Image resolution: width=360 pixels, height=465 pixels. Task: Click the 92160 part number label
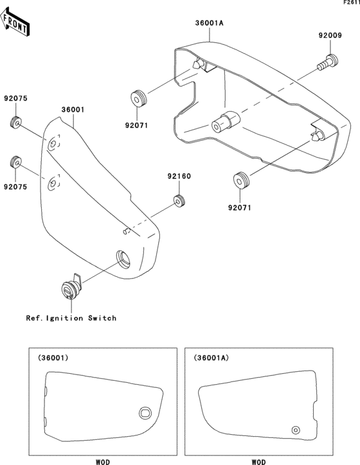[x=180, y=176]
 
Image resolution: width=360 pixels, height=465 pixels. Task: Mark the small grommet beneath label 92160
[x=180, y=201]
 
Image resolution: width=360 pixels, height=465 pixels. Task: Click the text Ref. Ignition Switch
[x=71, y=318]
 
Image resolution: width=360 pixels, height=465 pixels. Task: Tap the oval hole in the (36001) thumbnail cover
[x=145, y=412]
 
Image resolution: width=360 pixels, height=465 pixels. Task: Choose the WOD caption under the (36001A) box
[x=258, y=461]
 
